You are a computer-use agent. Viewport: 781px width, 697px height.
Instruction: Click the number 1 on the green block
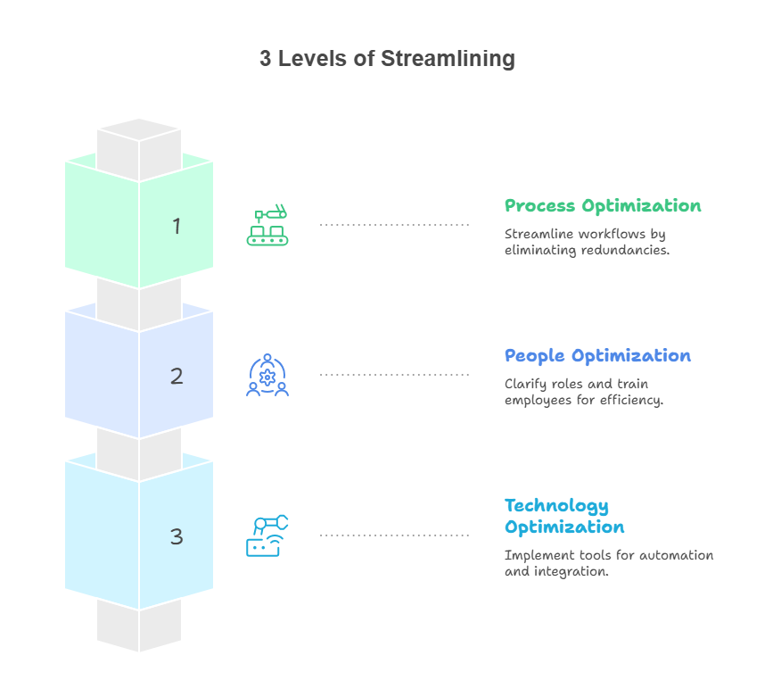pyautogui.click(x=177, y=227)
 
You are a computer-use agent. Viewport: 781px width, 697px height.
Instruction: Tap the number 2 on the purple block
pyautogui.click(x=177, y=377)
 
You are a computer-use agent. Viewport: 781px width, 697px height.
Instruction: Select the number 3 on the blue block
pyautogui.click(x=177, y=536)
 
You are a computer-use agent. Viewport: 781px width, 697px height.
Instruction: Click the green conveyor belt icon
pyautogui.click(x=268, y=226)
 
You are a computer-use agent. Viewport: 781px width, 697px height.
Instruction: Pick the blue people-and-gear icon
pyautogui.click(x=267, y=376)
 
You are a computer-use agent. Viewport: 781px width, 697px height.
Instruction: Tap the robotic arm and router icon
pyautogui.click(x=267, y=535)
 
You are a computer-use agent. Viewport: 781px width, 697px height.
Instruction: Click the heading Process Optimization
pyautogui.click(x=603, y=206)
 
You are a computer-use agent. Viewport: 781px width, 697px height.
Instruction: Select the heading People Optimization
pyautogui.click(x=597, y=356)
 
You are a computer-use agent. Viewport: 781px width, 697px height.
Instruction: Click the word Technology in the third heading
pyautogui.click(x=556, y=506)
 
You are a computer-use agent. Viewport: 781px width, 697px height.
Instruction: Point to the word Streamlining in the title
pyautogui.click(x=448, y=59)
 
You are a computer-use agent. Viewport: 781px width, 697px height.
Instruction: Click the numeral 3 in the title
pyautogui.click(x=266, y=59)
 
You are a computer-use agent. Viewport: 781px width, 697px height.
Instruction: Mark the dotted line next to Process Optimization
pyautogui.click(x=394, y=225)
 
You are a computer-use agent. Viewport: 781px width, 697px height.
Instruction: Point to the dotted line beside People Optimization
pyautogui.click(x=394, y=375)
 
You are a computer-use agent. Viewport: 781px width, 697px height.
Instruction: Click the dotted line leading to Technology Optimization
pyautogui.click(x=394, y=535)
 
